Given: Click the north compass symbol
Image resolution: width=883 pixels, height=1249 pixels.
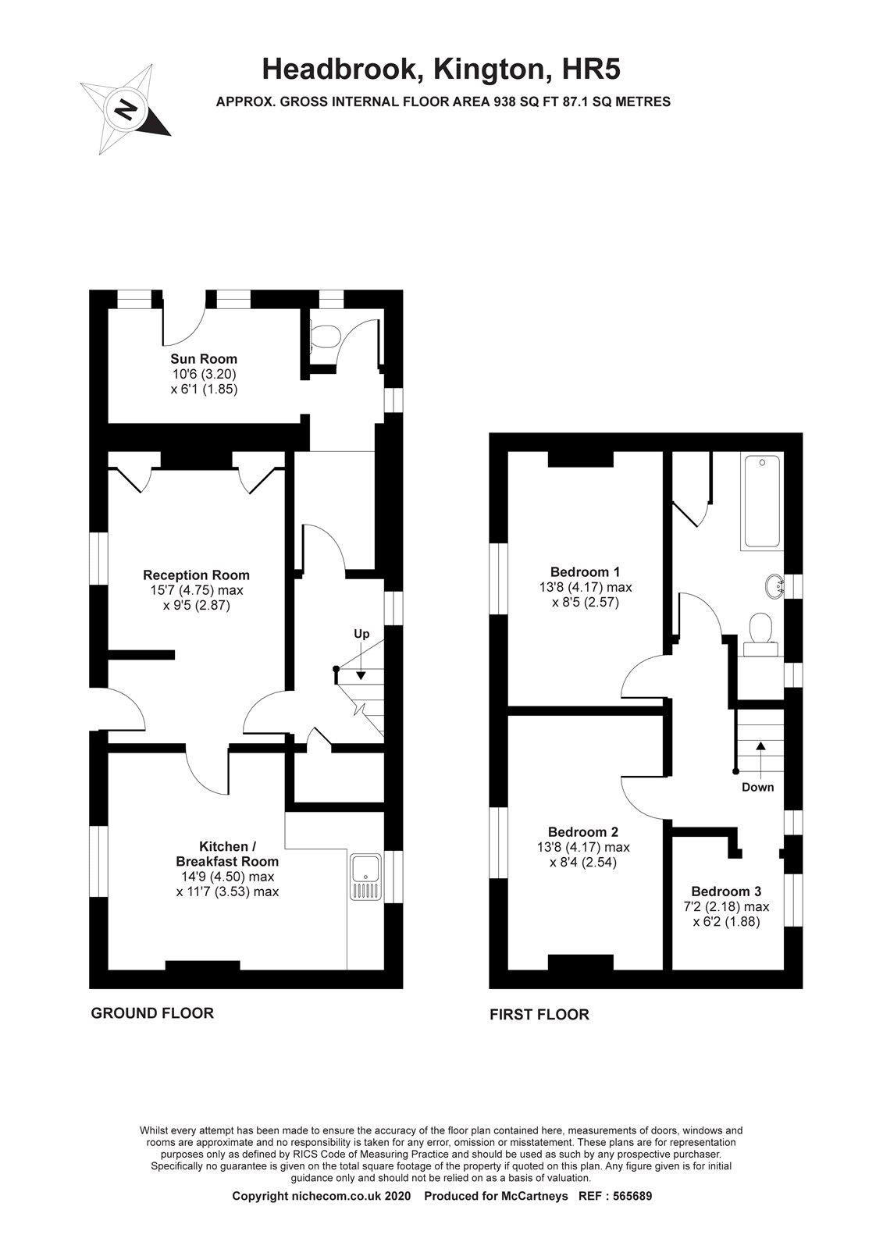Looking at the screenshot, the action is (126, 109).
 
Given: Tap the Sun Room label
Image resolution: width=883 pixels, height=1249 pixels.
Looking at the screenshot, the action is (204, 358).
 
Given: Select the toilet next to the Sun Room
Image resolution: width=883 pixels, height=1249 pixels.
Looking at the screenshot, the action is (324, 336).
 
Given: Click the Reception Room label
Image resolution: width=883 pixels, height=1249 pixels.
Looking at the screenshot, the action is (196, 575).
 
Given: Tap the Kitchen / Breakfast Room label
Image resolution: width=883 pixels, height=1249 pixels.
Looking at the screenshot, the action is (228, 854).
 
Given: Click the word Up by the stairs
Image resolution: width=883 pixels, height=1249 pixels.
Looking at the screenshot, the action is (361, 634).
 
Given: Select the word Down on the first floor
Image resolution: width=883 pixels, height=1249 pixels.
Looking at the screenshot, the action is (757, 788).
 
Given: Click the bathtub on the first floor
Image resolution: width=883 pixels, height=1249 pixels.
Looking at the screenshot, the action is (762, 500).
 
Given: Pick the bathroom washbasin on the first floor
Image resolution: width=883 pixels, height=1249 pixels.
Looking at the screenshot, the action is (774, 586).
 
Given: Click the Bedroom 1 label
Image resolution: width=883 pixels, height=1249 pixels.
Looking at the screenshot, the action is (585, 571).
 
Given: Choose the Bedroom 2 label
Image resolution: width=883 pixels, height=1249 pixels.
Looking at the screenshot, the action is (583, 832).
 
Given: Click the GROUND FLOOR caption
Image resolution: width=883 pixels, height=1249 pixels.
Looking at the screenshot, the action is (152, 1013).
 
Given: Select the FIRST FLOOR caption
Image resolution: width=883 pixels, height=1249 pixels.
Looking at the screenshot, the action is (539, 1014).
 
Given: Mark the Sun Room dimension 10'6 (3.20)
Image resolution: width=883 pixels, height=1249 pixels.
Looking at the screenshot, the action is (204, 374).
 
